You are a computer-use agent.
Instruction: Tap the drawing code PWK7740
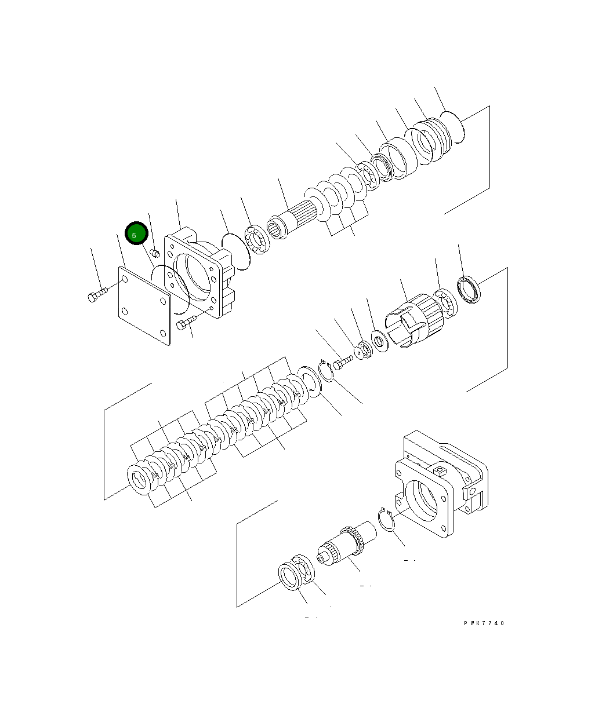484,623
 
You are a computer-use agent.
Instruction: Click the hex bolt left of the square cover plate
96,296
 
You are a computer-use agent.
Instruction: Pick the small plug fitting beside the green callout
155,253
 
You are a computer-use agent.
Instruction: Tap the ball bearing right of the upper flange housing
256,240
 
